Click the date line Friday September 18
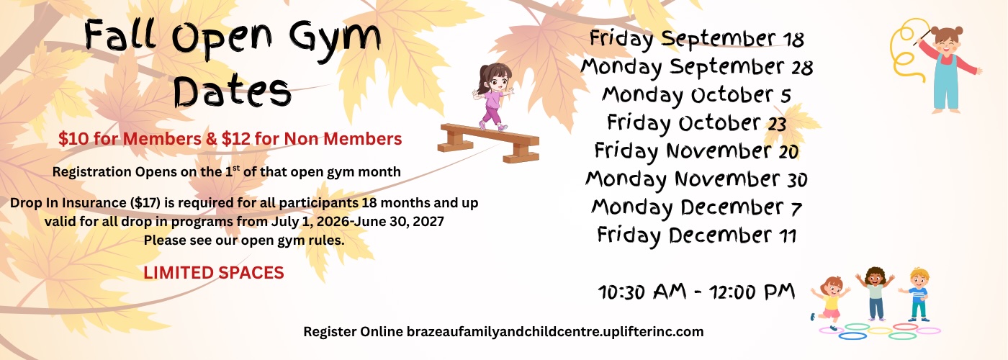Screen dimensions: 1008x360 click(697, 39)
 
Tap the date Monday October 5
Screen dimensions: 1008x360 click(697, 95)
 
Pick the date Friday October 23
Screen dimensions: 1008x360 click(697, 123)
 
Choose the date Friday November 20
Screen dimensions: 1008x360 click(697, 151)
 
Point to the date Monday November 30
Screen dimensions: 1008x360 click(697, 179)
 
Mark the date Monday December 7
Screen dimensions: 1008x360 click(697, 208)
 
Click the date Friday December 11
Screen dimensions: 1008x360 click(697, 235)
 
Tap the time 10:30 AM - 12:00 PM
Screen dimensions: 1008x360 click(697, 292)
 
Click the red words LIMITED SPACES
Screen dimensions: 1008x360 click(214, 273)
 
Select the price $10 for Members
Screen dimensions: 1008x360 click(130, 139)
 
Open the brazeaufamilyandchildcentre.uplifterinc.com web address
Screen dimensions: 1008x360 click(555, 332)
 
